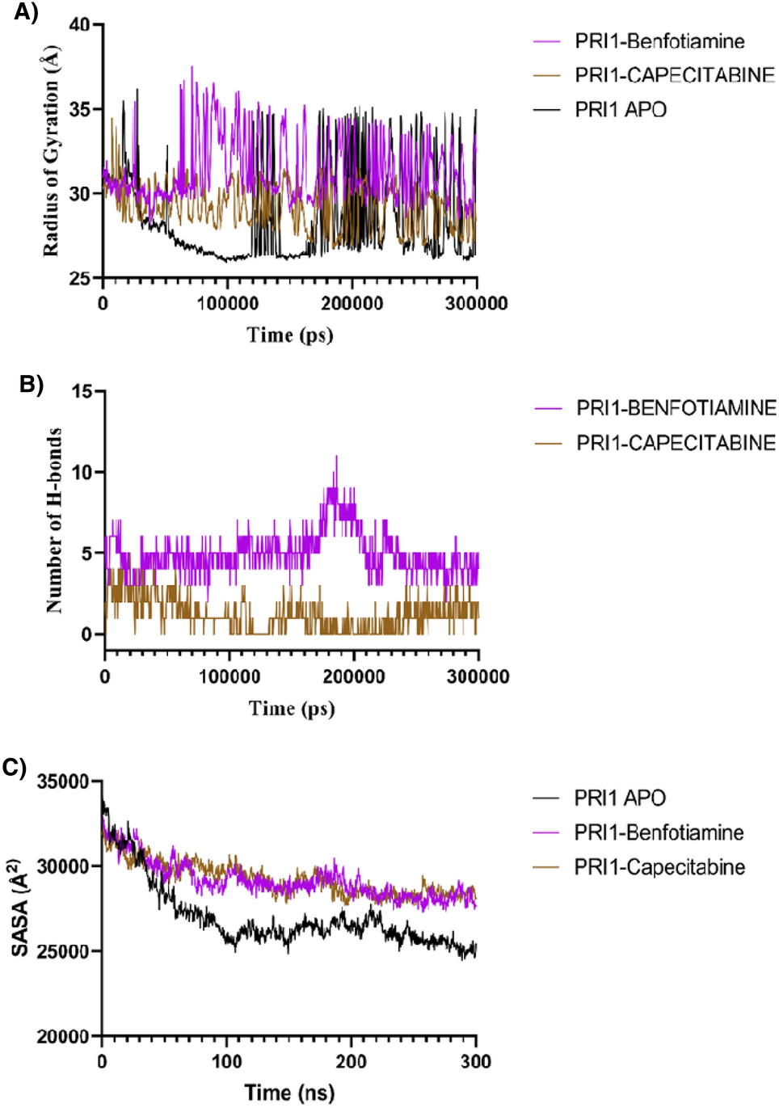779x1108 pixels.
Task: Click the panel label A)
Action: pos(26,13)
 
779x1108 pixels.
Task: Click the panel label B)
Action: pos(31,385)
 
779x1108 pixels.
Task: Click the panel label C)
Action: pos(15,767)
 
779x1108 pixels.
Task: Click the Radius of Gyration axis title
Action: pos(51,151)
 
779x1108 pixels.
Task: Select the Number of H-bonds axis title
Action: pos(54,520)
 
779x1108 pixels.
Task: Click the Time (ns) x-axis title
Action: pos(289,1093)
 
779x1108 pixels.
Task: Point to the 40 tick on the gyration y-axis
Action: pos(80,24)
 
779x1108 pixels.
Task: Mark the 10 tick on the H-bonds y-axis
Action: pos(82,472)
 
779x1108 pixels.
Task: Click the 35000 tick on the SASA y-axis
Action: pos(63,781)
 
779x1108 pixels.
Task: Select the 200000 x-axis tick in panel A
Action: pos(352,304)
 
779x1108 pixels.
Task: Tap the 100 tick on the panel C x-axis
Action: pos(227,1061)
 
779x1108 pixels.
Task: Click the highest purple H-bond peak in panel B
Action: pos(336,457)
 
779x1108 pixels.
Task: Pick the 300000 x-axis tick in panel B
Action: pos(478,676)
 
